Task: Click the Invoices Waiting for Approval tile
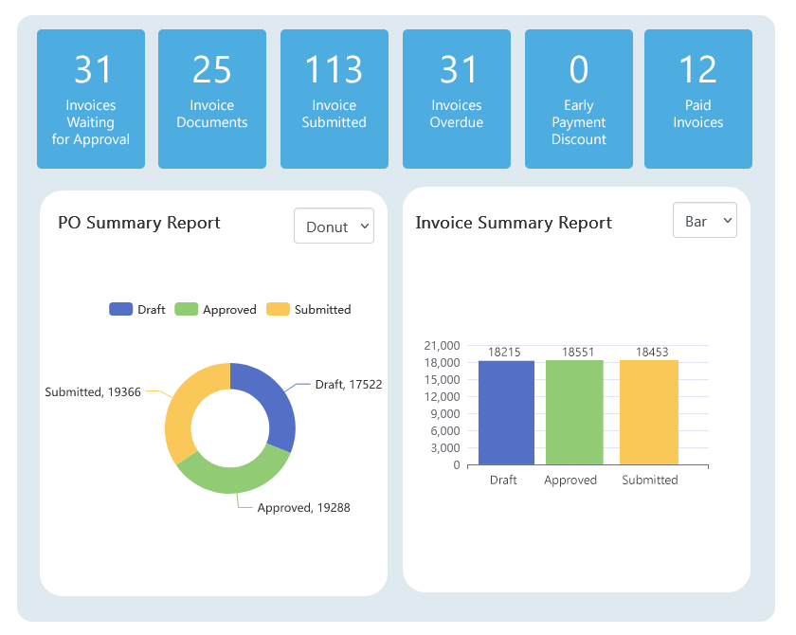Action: [x=91, y=100]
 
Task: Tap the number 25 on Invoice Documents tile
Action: [x=212, y=69]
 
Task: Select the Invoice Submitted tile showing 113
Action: [x=335, y=100]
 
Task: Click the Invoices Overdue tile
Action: [x=457, y=100]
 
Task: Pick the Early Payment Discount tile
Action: [x=579, y=100]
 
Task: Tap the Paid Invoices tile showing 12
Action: [x=698, y=100]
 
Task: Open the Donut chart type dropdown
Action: [x=334, y=227]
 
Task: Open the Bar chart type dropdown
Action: [x=704, y=221]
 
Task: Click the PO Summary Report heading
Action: [x=139, y=223]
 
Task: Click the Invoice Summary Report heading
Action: [x=514, y=223]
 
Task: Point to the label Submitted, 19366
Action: [x=93, y=391]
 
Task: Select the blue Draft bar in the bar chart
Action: [x=506, y=412]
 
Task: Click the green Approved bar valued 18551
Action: [x=574, y=412]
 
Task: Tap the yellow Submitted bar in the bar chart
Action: [x=649, y=412]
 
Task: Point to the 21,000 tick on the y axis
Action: [x=443, y=346]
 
